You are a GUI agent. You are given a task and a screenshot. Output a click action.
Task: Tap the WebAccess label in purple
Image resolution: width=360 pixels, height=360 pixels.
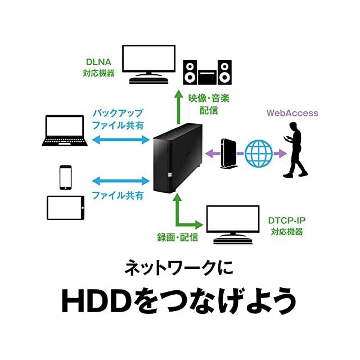[x=292, y=113]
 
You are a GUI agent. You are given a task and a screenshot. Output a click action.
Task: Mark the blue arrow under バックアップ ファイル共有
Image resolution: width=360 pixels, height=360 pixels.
[x=119, y=138]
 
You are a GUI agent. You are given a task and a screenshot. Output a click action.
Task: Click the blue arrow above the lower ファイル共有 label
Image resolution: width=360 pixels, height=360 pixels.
[x=119, y=181]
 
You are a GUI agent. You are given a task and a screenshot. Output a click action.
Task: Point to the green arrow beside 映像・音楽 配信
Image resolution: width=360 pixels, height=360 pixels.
[x=178, y=107]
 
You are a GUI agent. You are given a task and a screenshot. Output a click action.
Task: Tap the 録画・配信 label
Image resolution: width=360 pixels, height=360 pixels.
[x=177, y=237]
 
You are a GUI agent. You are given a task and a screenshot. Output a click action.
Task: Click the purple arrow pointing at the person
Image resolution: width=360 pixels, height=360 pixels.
[x=280, y=152]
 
